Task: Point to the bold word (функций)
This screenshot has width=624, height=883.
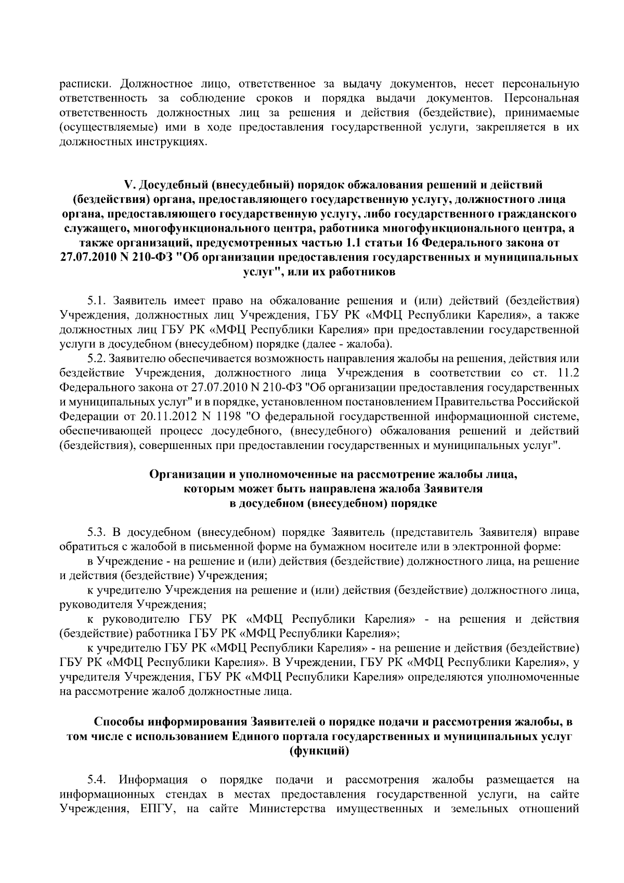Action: click(318, 751)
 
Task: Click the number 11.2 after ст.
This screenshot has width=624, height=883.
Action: click(568, 373)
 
